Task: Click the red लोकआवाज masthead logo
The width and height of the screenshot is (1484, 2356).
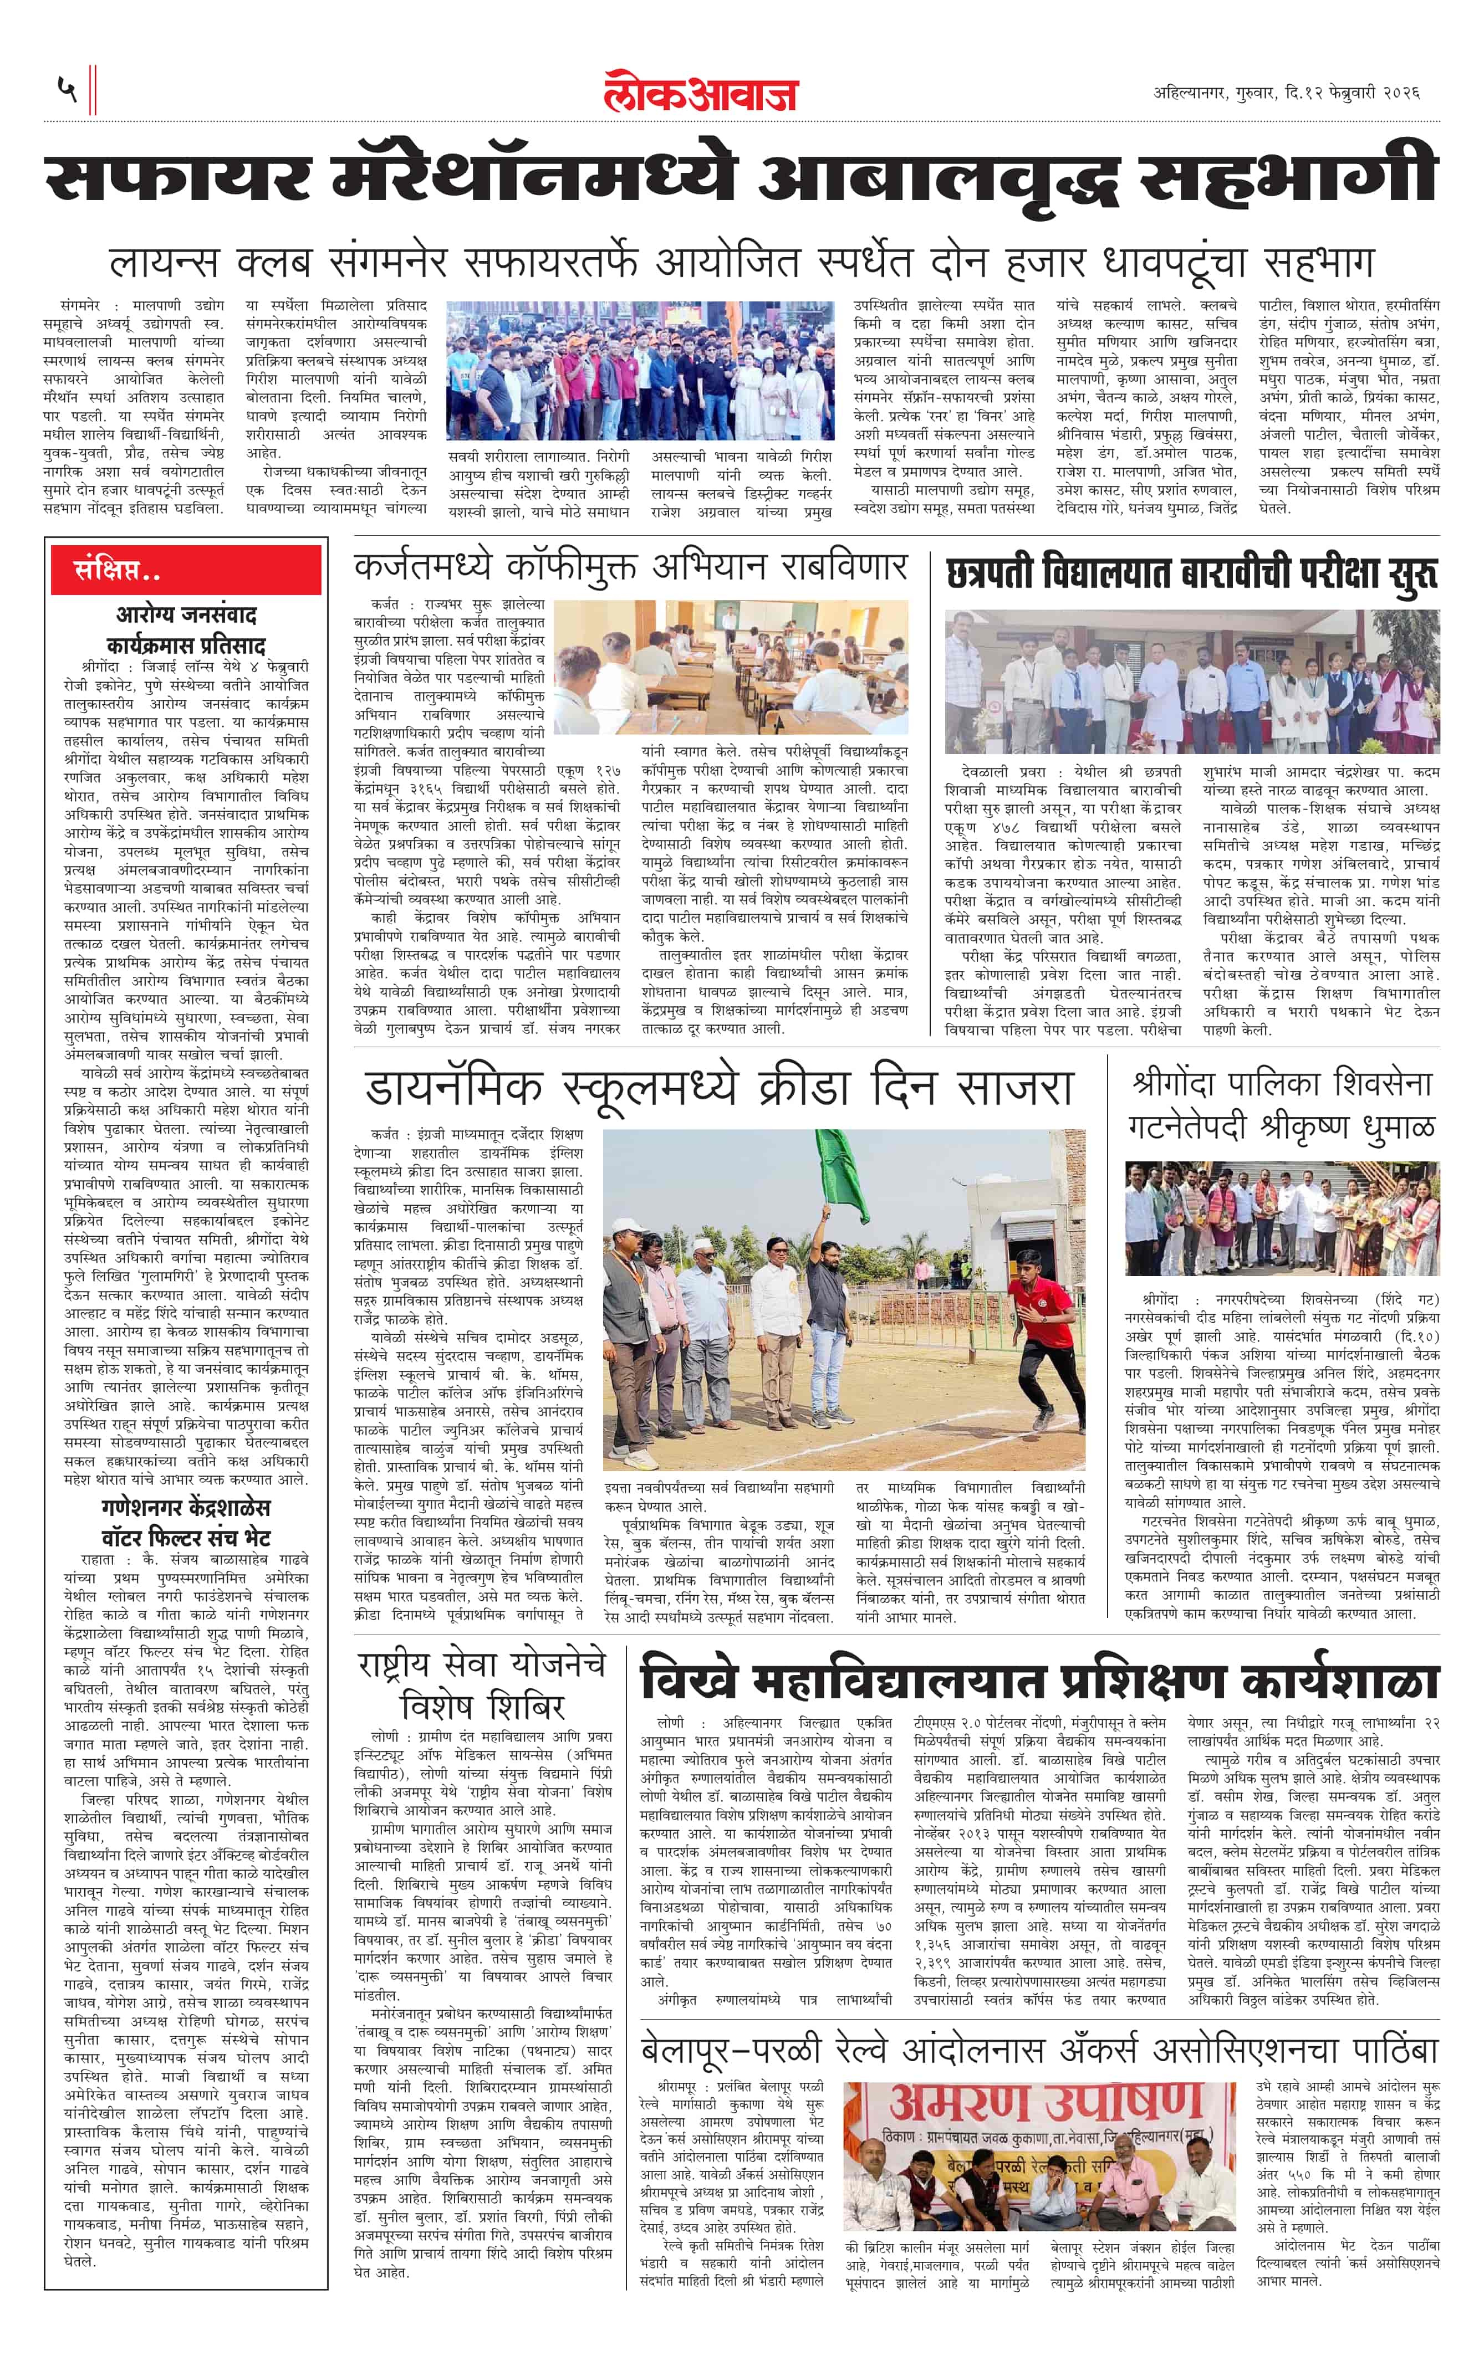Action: point(700,92)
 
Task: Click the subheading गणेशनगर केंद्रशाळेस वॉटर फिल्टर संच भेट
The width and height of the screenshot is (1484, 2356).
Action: point(186,1522)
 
